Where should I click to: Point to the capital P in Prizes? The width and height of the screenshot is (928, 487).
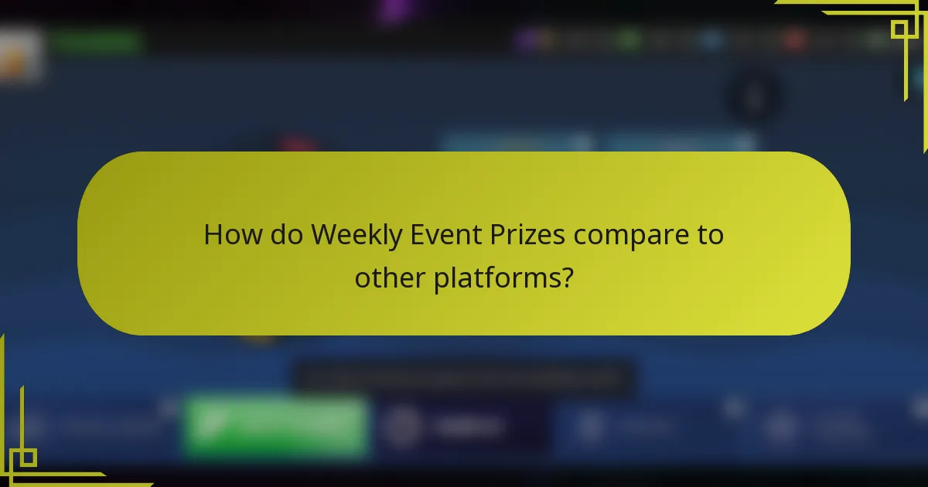(x=501, y=234)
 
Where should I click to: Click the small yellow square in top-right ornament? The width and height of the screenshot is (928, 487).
(x=899, y=29)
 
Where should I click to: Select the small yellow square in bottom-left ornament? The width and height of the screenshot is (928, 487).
(x=28, y=458)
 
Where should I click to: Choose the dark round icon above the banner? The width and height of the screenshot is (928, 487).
(x=753, y=97)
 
